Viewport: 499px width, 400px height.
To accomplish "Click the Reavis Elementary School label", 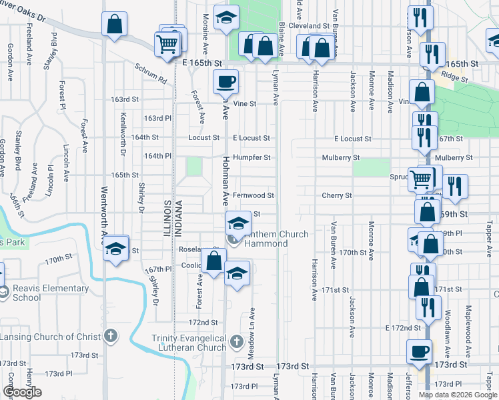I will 50,293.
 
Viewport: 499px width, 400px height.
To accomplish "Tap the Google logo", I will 22,393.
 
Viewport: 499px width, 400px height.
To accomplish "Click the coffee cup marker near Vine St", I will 225,81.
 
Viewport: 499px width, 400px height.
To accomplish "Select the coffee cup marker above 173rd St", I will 420,351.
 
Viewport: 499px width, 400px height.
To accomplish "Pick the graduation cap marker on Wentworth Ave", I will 115,248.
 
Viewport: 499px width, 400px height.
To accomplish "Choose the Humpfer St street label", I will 252,157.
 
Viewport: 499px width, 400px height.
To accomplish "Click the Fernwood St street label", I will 253,195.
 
